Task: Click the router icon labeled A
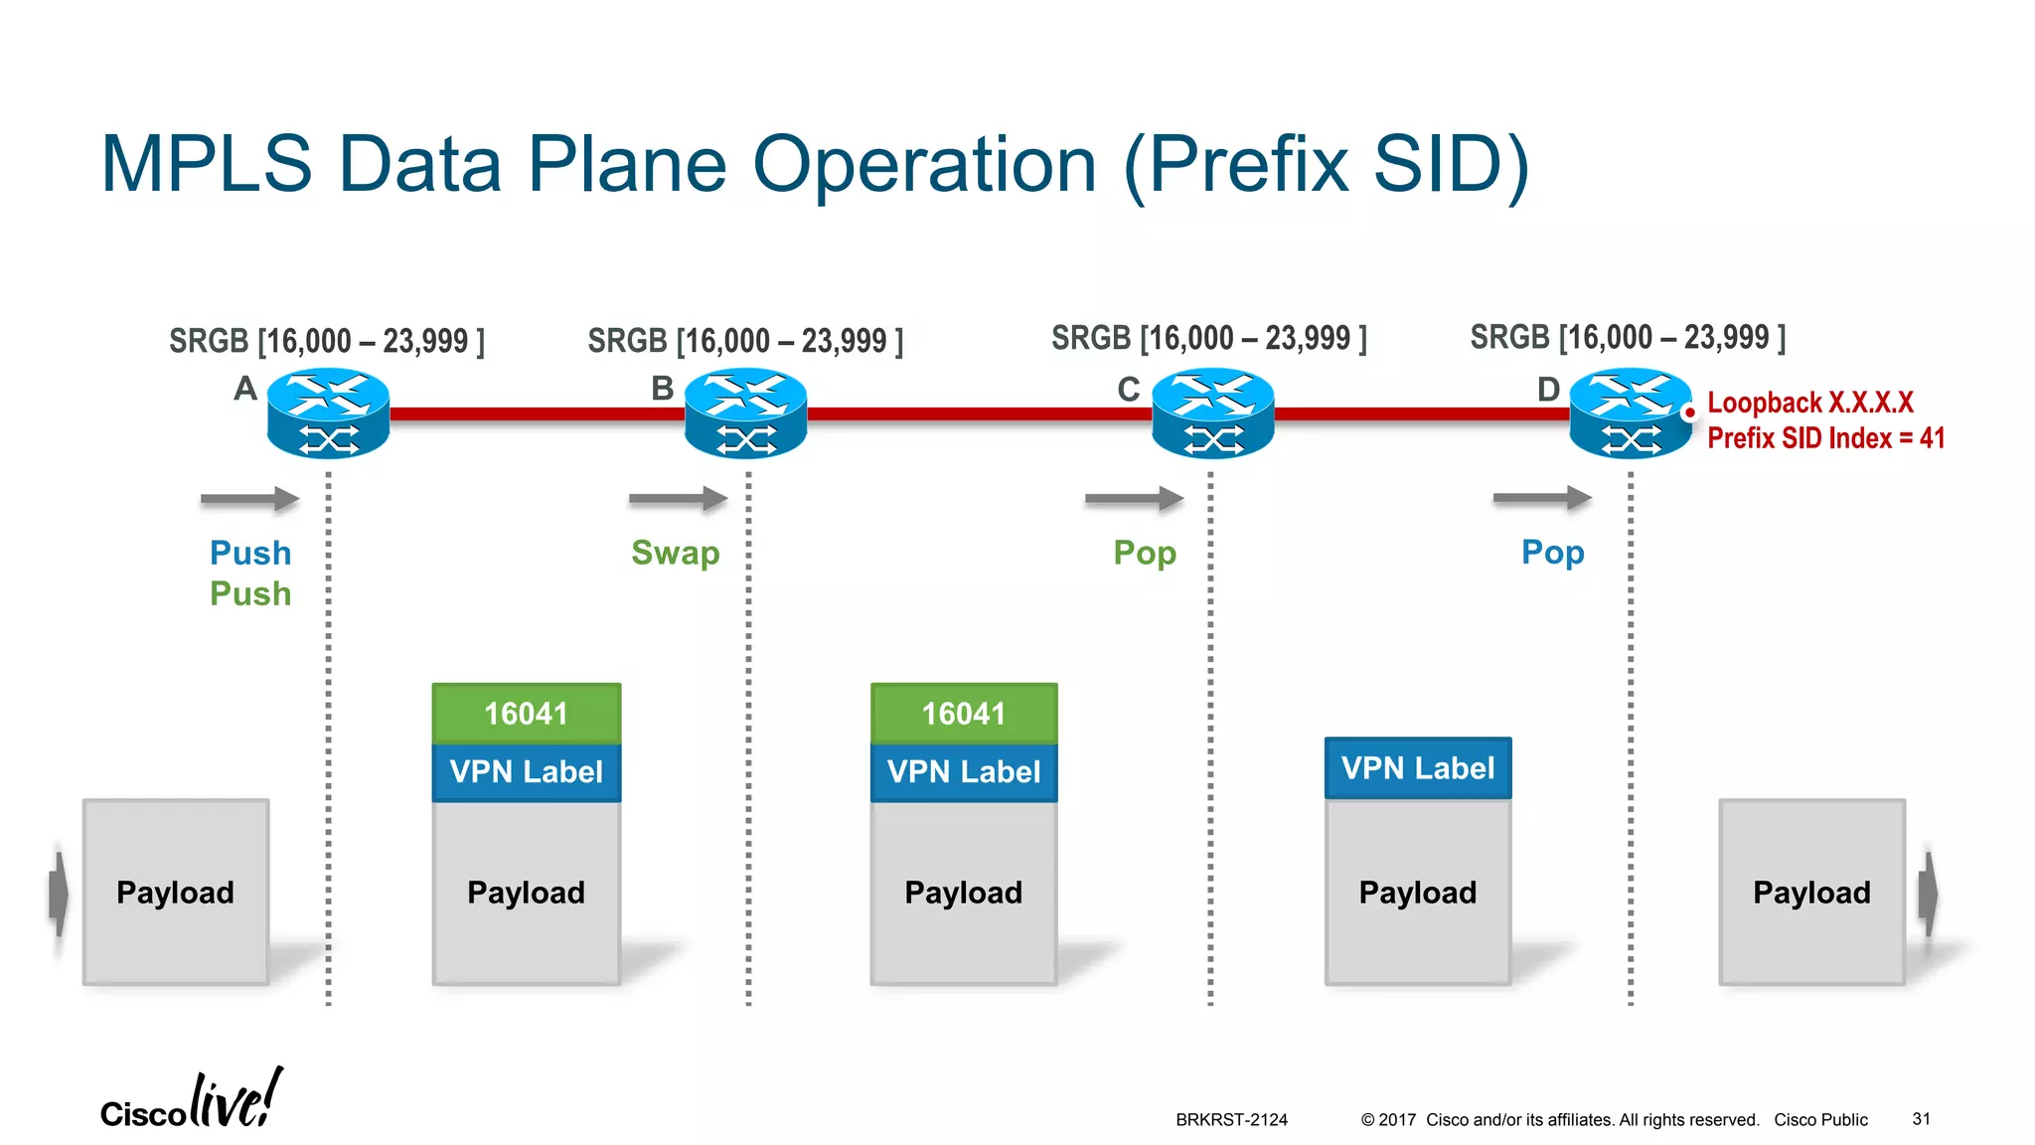point(328,412)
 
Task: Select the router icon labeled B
point(746,412)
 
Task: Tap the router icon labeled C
point(1212,412)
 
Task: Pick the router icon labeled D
point(1630,412)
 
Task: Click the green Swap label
point(675,553)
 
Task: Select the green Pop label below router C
point(1145,553)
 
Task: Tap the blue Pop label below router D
point(1552,553)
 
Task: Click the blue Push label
point(250,553)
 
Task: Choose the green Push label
point(250,594)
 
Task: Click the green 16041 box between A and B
point(527,713)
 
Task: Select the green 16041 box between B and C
point(964,713)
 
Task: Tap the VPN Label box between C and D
point(1418,767)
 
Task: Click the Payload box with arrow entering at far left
point(176,892)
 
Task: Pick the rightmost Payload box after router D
point(1811,892)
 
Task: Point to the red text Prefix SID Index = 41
point(1825,438)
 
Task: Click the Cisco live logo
point(191,1101)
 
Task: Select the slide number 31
point(1921,1119)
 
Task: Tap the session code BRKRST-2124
point(1231,1120)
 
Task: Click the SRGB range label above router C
point(1209,339)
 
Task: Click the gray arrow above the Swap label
point(678,498)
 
